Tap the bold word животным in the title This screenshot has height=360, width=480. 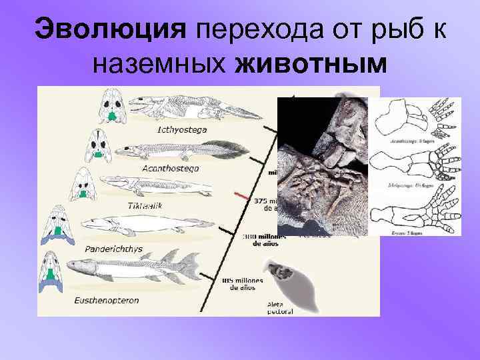click(311, 64)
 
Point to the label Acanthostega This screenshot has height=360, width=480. click(170, 168)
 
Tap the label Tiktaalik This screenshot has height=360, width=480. click(145, 205)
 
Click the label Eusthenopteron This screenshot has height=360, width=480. click(107, 301)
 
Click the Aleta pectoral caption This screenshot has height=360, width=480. click(279, 307)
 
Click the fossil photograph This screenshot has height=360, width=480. click(321, 167)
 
